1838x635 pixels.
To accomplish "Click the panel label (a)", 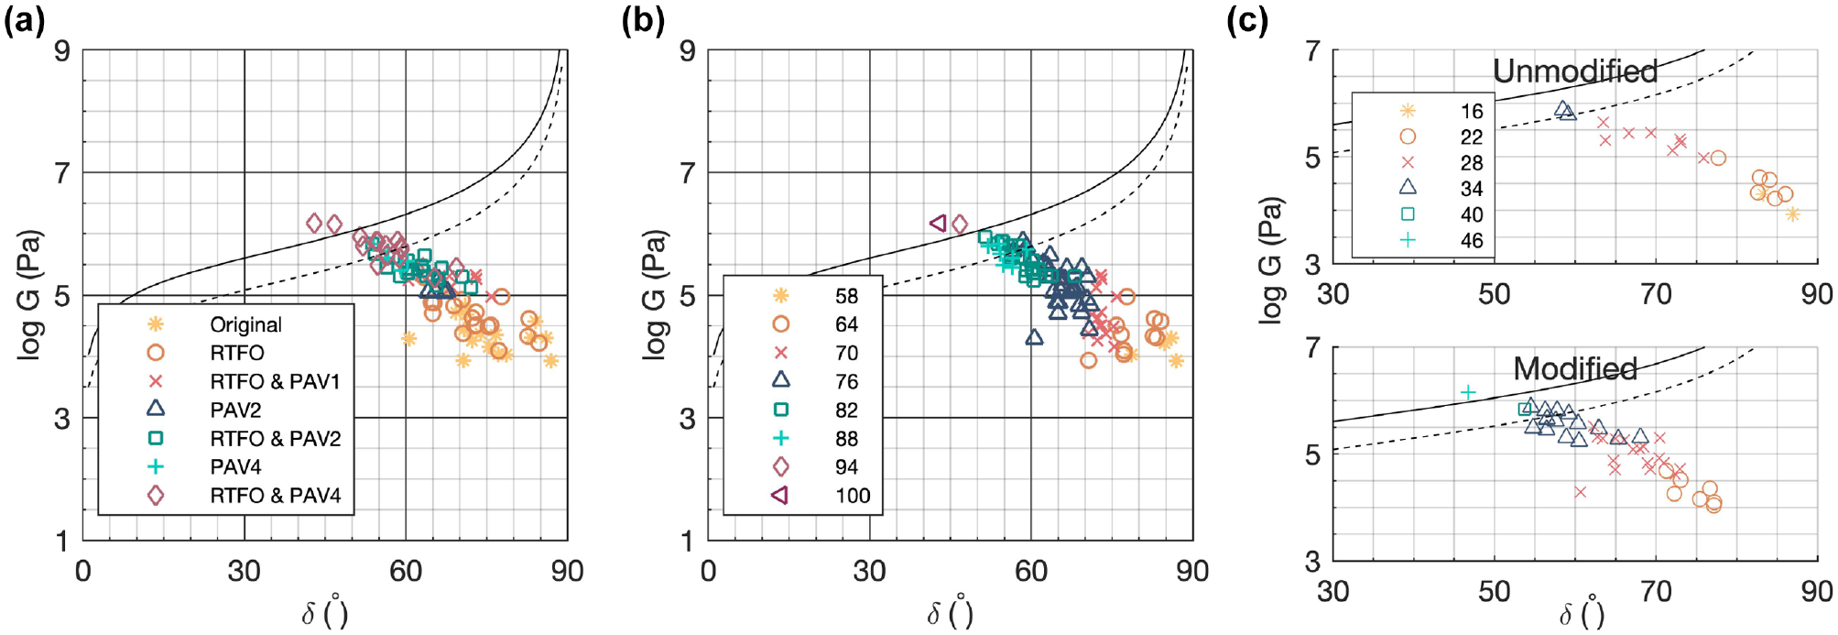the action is point(25,20).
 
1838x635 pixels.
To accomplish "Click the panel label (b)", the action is point(643,20).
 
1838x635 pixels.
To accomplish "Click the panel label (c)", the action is point(1247,20).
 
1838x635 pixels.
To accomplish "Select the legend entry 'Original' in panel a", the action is point(245,324).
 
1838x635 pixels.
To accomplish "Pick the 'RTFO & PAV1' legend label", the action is point(275,381).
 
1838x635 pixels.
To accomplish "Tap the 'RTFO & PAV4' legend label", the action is point(275,496).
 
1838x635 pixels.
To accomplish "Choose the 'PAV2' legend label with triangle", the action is point(235,410).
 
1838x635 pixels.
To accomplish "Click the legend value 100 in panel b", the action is point(853,496).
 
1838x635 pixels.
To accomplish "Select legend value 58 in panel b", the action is point(846,296).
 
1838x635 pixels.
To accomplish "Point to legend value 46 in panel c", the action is point(1472,241).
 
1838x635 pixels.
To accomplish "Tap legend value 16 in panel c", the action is point(1472,112).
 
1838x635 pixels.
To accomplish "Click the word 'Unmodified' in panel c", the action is point(1575,71).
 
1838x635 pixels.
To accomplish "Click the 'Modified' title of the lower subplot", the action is point(1575,368).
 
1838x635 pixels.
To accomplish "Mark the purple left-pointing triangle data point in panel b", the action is point(938,223).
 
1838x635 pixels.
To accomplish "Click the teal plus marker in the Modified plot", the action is point(1468,392).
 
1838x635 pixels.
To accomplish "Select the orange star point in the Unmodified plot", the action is point(1792,214).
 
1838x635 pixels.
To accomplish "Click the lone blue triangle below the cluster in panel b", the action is point(1034,337).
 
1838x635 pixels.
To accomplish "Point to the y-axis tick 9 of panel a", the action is point(62,50).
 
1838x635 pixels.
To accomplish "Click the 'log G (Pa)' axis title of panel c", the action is point(1270,259).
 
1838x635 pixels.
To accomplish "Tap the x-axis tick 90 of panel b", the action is point(1192,571).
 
